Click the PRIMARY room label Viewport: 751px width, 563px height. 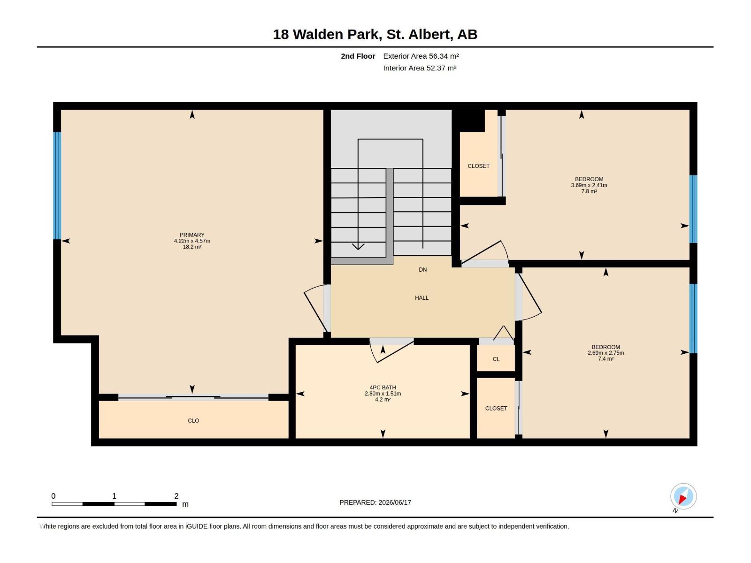click(192, 235)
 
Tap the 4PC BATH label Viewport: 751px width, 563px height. click(383, 388)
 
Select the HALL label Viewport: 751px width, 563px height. click(421, 298)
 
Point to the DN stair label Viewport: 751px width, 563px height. click(422, 270)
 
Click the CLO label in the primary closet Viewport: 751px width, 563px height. click(193, 421)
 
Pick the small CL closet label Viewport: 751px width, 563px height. click(496, 359)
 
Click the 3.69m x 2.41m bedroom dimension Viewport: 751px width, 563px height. click(589, 185)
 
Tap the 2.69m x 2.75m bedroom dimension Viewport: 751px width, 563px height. click(605, 353)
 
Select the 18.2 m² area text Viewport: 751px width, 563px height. click(192, 247)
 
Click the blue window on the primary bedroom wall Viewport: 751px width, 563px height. click(57, 186)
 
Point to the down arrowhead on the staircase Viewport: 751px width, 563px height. click(358, 246)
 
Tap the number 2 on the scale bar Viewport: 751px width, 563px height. click(176, 496)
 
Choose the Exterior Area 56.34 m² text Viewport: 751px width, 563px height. click(421, 56)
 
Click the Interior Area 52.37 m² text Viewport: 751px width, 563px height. click(420, 68)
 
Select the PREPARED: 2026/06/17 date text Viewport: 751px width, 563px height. click(375, 502)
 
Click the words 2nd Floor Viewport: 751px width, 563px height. click(358, 56)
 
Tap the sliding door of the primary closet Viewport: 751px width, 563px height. click(193, 397)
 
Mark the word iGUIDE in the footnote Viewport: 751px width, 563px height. click(196, 526)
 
